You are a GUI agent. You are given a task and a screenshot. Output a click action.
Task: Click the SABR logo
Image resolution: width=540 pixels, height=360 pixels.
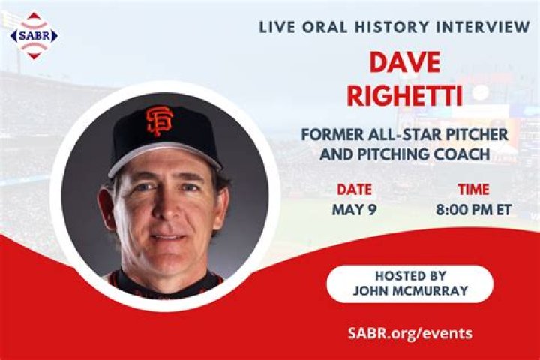(33, 34)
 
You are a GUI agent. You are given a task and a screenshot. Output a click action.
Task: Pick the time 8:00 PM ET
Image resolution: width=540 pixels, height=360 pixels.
(473, 209)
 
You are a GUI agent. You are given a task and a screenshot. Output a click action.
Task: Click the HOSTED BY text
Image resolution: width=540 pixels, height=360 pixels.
(410, 275)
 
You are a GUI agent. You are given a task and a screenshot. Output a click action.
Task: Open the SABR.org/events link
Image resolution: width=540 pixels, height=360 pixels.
(410, 333)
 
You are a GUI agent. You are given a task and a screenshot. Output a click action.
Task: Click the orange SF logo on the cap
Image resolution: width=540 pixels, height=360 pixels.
(160, 120)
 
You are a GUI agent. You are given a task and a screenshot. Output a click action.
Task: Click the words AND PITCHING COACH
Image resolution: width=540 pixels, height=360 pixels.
(404, 154)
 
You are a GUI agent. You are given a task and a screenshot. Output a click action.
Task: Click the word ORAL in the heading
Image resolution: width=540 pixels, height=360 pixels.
(323, 27)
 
